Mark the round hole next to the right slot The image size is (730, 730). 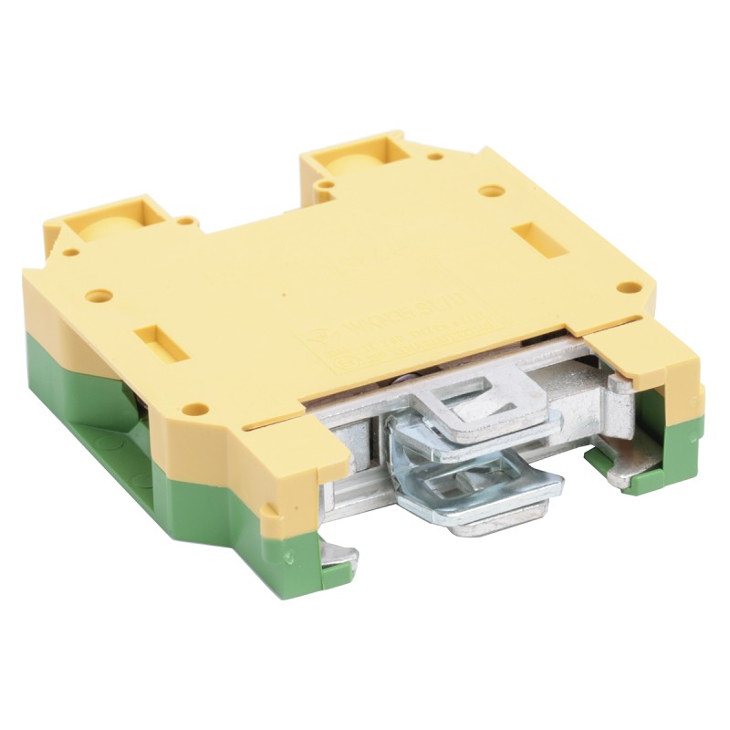pyautogui.click(x=492, y=193)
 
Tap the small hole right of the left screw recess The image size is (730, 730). pyautogui.click(x=186, y=221)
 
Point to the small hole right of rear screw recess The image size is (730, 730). pyautogui.click(x=436, y=156)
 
